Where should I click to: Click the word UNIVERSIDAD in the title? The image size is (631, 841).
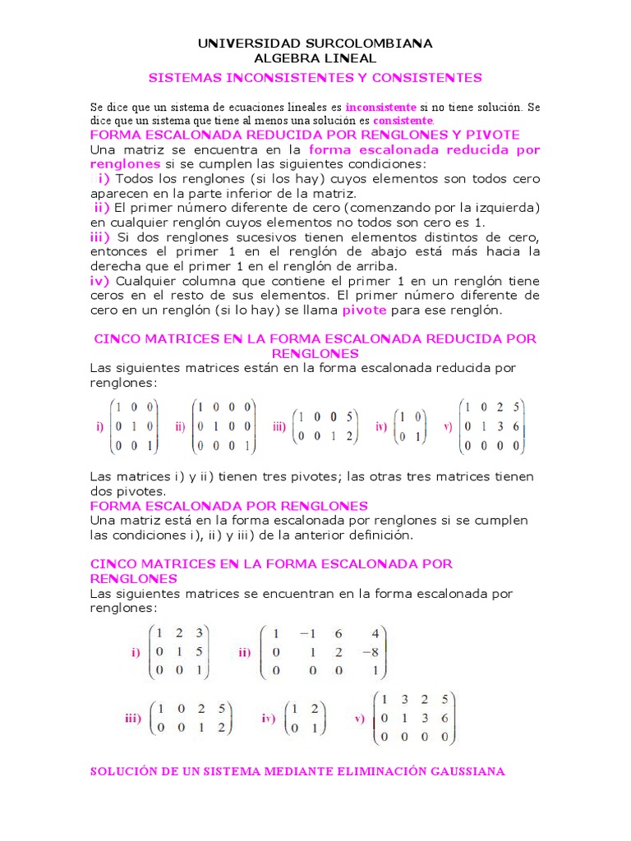[x=238, y=43]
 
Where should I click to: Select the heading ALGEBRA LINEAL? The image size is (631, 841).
[x=315, y=57]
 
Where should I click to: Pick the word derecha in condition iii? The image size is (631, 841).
[x=115, y=266]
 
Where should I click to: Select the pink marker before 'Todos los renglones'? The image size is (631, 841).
[x=104, y=178]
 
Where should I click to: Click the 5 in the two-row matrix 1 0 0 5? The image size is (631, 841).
[x=349, y=416]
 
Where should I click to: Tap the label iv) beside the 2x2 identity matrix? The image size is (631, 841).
[x=381, y=427]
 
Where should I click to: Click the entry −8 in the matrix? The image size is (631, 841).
[x=373, y=651]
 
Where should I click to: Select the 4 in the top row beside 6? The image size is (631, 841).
[x=375, y=633]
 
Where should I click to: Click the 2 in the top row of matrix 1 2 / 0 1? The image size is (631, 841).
[x=315, y=708]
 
